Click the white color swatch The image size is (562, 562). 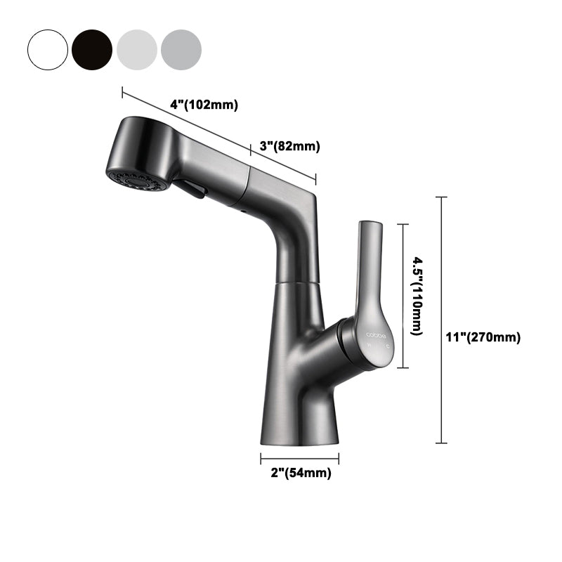point(48,48)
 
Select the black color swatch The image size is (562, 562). point(92,48)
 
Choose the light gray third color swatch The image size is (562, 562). point(136,48)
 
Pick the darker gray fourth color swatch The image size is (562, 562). point(181,48)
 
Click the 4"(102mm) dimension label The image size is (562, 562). point(204,105)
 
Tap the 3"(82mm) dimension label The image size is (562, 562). point(289,146)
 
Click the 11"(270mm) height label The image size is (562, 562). point(484,337)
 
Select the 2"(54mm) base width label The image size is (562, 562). point(300,473)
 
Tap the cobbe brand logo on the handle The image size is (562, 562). point(376,336)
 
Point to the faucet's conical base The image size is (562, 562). point(299,393)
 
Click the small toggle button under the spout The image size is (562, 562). point(190,188)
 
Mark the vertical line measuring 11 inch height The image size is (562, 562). point(441,320)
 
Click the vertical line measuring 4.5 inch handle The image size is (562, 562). point(402,296)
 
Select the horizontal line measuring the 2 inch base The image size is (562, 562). point(299,458)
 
